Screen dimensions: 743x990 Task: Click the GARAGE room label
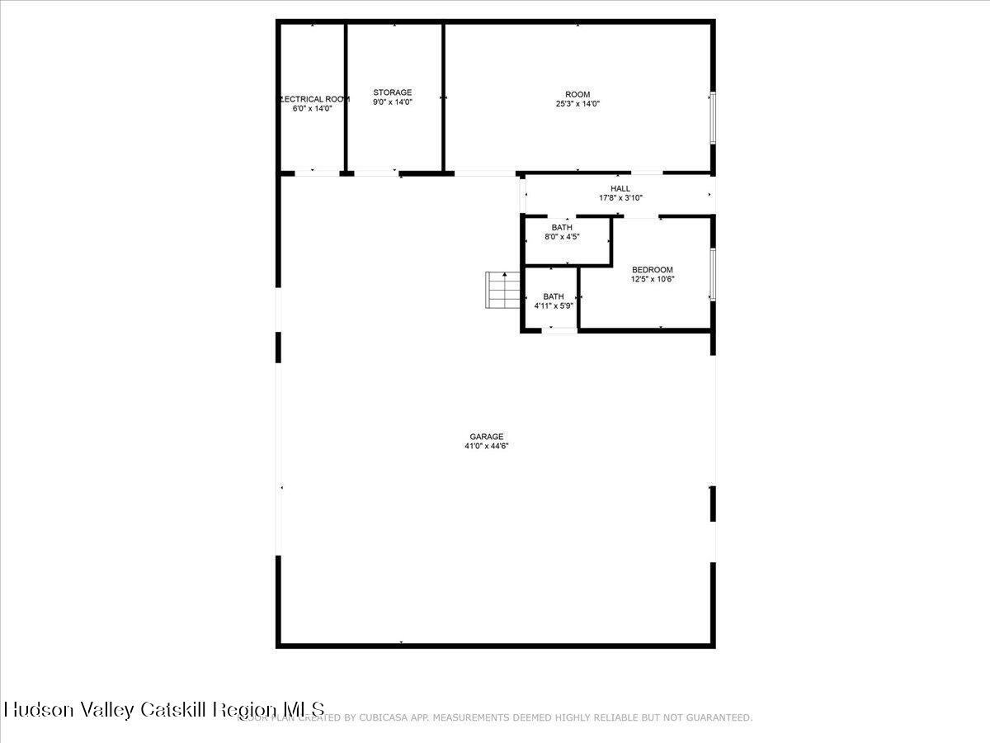486,437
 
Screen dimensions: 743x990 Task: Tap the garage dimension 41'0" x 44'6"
486,447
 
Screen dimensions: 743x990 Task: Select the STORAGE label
392,92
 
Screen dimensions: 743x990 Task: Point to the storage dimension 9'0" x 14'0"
392,102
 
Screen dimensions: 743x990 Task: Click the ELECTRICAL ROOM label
314,99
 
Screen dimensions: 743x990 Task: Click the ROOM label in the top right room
577,94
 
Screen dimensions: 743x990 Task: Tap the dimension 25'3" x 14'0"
577,104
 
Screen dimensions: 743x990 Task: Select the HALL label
620,188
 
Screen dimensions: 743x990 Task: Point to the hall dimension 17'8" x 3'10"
620,198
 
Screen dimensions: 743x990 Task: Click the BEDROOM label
652,269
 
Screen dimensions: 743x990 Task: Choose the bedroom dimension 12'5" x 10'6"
652,279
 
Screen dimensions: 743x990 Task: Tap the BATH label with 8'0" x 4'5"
562,227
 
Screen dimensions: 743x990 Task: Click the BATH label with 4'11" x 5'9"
553,296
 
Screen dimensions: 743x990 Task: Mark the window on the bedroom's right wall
714,274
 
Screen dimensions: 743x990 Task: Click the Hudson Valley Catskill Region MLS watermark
164,709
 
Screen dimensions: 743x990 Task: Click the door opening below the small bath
559,331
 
